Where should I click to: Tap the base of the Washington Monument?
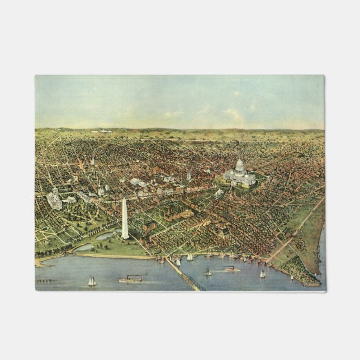(125, 237)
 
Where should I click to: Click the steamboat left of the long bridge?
(130, 278)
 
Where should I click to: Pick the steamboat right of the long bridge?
(232, 269)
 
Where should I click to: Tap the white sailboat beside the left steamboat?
(92, 281)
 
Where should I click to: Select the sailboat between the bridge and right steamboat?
(207, 272)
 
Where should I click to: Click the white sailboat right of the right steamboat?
(262, 274)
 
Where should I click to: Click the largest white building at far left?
(54, 200)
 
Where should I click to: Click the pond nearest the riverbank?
(84, 247)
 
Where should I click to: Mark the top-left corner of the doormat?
(35, 75)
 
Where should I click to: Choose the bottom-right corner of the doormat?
(324, 290)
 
